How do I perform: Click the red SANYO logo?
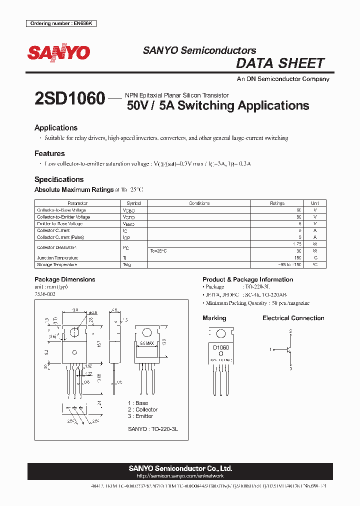pyautogui.click(x=58, y=52)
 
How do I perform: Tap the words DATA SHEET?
pyautogui.click(x=280, y=63)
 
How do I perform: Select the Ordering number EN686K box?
pyautogui.click(x=61, y=24)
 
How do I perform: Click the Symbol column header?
pyautogui.click(x=134, y=203)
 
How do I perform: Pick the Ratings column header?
pyautogui.click(x=277, y=203)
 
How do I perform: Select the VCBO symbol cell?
pyautogui.click(x=128, y=210)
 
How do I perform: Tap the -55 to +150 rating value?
pyautogui.click(x=290, y=264)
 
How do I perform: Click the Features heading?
pyautogui.click(x=49, y=153)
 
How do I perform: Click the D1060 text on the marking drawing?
pyautogui.click(x=220, y=347)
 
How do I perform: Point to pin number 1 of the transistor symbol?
pyautogui.click(x=270, y=349)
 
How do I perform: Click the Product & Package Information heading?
pyautogui.click(x=247, y=279)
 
